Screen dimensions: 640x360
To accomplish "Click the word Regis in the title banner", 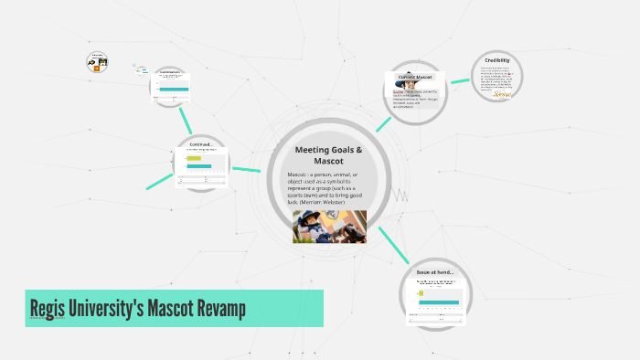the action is [53, 309].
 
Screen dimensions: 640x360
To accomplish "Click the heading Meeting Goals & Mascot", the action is [328, 154].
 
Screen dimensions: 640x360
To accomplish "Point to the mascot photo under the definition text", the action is [329, 227].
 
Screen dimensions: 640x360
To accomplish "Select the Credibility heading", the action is [497, 60].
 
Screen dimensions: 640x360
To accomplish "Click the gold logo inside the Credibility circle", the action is [501, 93].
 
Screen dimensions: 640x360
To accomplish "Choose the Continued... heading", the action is [201, 143].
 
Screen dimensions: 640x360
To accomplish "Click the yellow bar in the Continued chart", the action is [194, 158].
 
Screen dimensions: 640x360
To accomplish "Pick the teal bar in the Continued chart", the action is [199, 166].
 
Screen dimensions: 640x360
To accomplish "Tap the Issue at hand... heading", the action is [435, 272].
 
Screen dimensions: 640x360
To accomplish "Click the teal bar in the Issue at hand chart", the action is [439, 302].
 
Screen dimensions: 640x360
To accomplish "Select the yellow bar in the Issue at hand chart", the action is [422, 294].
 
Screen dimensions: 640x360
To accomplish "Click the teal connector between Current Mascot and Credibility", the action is [459, 80].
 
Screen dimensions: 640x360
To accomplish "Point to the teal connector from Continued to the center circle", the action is [246, 169].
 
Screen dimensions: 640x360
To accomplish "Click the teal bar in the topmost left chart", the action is [173, 89].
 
